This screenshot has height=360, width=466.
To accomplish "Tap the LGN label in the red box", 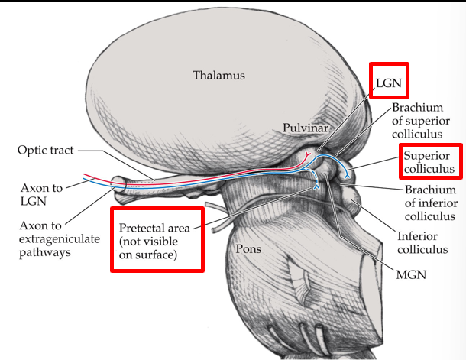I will (390, 81).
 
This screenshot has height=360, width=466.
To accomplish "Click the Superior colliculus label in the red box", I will (429, 161).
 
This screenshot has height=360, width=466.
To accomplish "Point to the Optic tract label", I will (46, 150).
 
